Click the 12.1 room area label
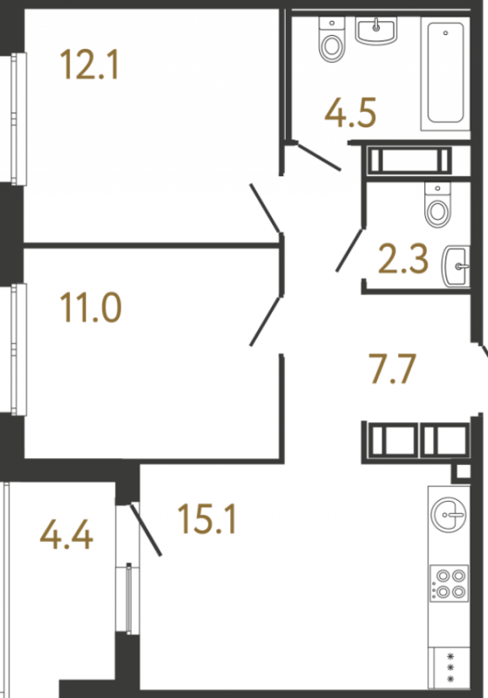tap(90, 65)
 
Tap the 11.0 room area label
tap(91, 307)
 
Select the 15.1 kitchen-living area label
tap(207, 519)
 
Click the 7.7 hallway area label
tap(392, 368)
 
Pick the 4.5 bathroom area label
tap(350, 113)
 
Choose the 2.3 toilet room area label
tap(403, 258)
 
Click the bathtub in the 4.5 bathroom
tap(445, 73)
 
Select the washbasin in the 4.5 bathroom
tap(376, 31)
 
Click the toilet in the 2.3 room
tap(437, 204)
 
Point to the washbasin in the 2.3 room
tap(456, 266)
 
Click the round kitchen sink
tap(449, 514)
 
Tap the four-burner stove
tap(450, 583)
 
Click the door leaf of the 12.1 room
tap(265, 209)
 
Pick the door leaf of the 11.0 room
tap(265, 321)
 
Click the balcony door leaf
tap(146, 530)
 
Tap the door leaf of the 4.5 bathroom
tap(319, 156)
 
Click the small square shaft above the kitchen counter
tap(463, 472)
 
